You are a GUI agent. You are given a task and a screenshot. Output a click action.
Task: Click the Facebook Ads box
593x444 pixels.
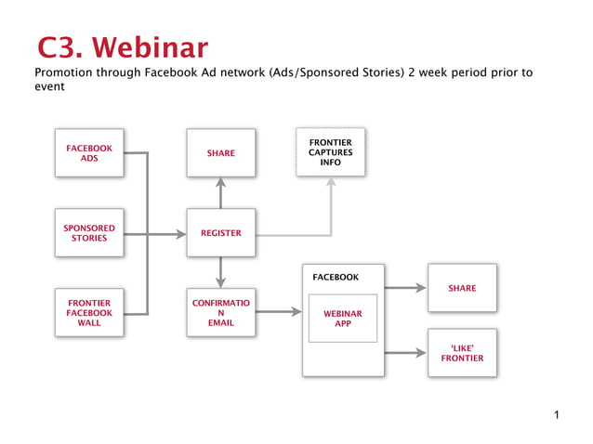(x=89, y=153)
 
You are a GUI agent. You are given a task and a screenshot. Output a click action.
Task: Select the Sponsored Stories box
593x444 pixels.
(x=89, y=233)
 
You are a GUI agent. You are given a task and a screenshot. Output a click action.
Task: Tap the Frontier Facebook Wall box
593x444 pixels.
(x=89, y=313)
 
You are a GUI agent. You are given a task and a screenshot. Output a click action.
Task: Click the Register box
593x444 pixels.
(x=220, y=233)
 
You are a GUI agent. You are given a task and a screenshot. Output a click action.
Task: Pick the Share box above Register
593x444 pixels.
(x=220, y=153)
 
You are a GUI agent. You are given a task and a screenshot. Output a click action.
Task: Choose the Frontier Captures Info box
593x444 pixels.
(x=330, y=152)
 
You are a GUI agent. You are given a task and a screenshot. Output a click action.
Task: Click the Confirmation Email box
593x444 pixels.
(x=220, y=313)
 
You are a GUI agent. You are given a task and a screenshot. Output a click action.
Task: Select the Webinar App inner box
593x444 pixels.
(x=342, y=319)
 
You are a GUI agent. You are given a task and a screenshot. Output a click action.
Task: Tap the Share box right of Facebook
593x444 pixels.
(x=462, y=288)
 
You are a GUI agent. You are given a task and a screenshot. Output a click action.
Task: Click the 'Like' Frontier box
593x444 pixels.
(x=462, y=353)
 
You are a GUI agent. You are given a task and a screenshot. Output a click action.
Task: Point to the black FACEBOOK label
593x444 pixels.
(x=336, y=277)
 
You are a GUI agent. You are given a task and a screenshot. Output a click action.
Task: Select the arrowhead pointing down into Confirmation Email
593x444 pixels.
(x=220, y=282)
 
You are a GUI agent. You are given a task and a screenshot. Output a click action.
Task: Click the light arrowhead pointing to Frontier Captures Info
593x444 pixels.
(x=330, y=182)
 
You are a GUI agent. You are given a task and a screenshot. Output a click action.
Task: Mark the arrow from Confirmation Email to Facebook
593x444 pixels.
(x=279, y=313)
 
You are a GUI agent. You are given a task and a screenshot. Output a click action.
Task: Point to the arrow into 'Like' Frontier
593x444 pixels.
(x=405, y=353)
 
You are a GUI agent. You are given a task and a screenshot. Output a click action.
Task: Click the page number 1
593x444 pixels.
(x=556, y=414)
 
